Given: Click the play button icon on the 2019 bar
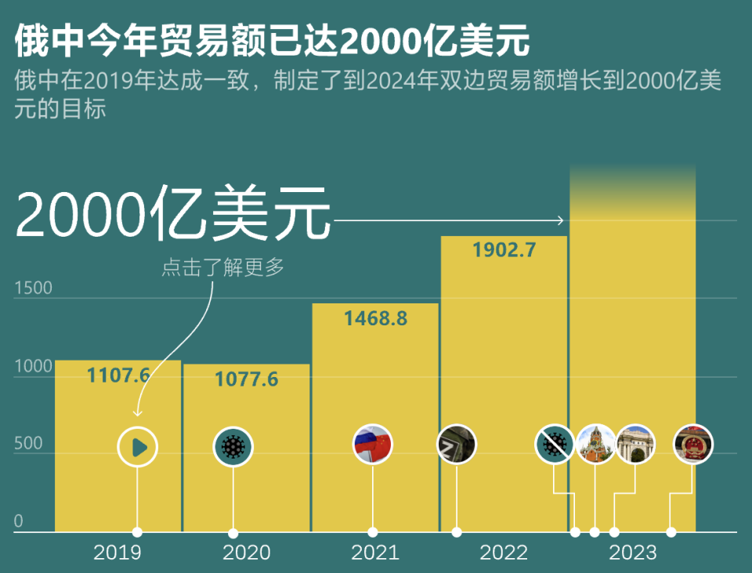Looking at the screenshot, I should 138,447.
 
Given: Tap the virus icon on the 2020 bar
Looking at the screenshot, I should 233,447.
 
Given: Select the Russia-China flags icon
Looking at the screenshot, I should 372,444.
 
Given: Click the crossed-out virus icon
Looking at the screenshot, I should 555,444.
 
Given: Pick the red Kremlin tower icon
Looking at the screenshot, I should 595,444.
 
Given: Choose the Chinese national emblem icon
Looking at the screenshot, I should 692,444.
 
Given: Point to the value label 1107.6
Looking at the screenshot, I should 117,375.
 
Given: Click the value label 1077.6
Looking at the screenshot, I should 246,379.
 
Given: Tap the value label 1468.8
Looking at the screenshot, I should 375,318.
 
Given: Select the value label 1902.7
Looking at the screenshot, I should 504,250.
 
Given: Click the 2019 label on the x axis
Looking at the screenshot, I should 117,553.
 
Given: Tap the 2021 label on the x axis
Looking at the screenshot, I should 374,553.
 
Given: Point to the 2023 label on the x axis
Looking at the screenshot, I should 632,553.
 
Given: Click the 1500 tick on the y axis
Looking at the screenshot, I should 33,288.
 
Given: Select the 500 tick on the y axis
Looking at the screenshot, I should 28,444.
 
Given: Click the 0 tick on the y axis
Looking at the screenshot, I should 19,521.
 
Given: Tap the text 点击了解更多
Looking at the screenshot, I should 222,267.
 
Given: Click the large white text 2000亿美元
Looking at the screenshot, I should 172,212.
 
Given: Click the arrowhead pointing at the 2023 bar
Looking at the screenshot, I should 560,220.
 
